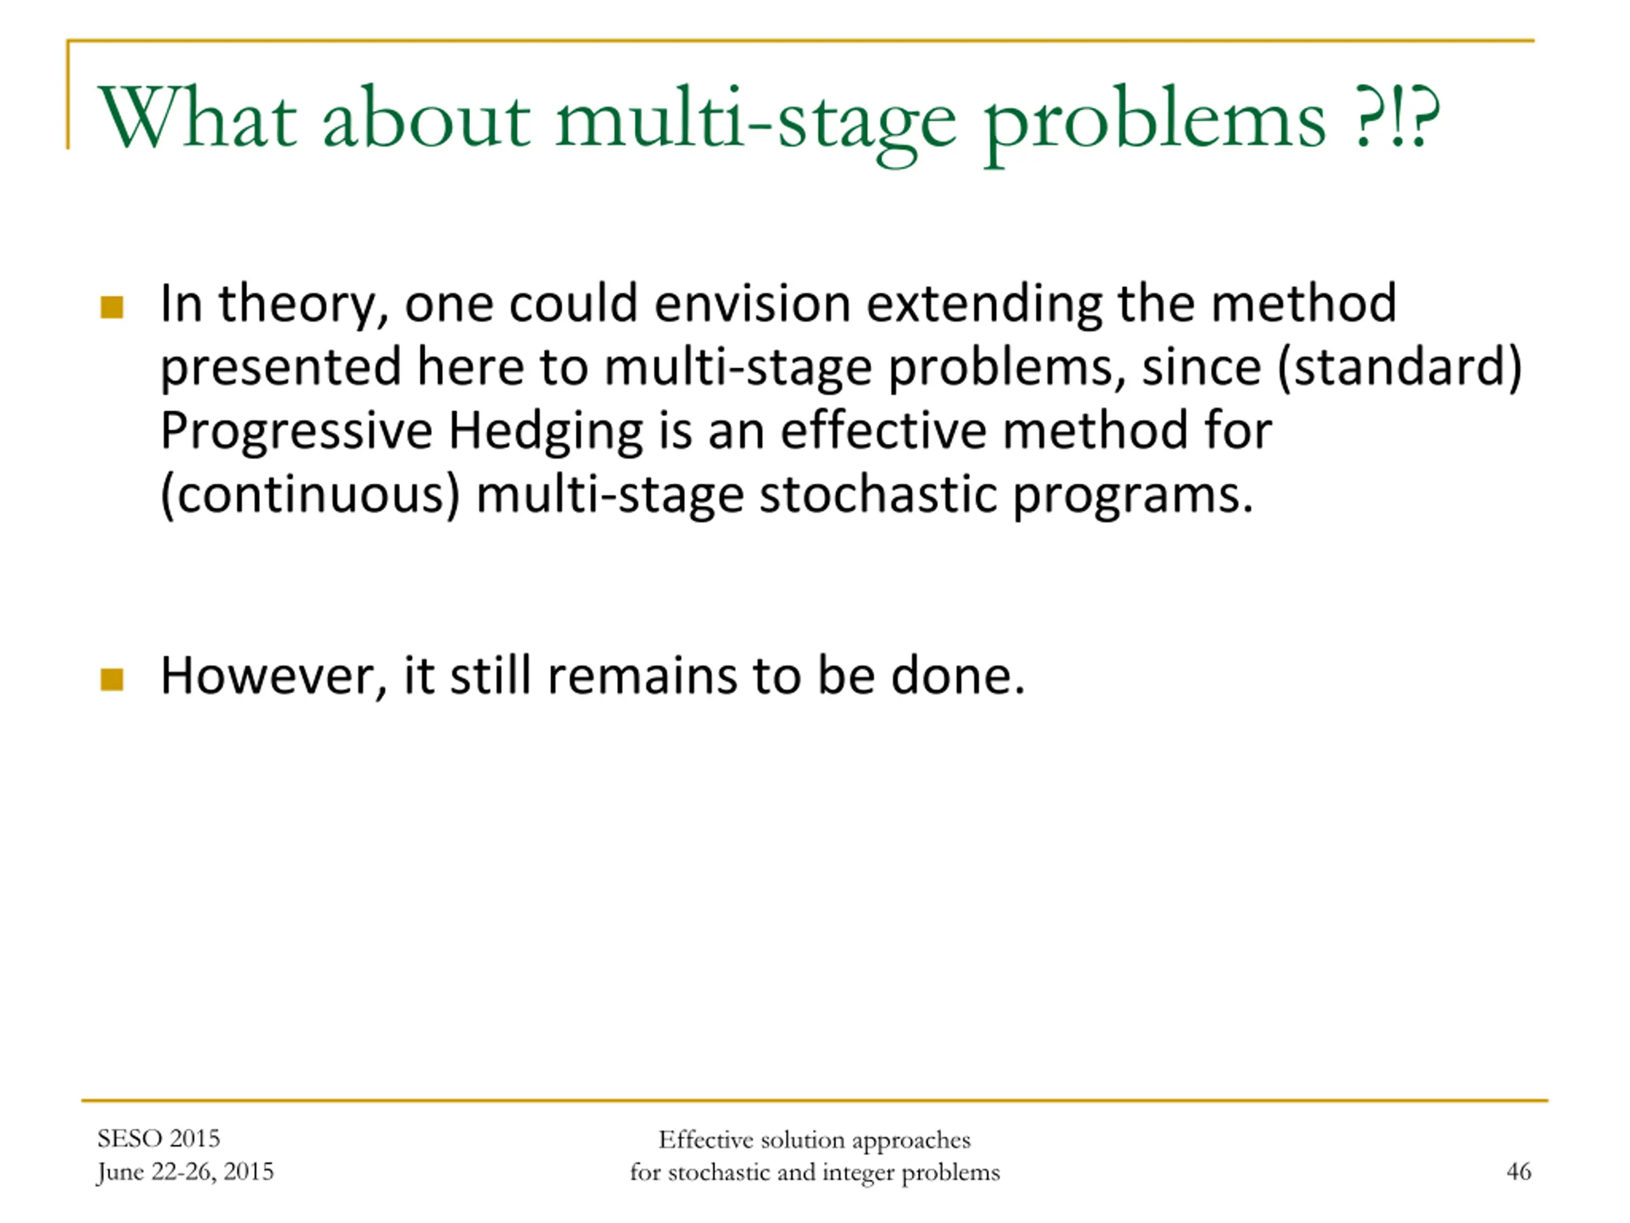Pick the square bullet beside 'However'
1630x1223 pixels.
[111, 679]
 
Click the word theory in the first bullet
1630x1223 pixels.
[304, 304]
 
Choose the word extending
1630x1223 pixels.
[984, 305]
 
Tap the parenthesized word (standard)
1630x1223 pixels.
[1400, 367]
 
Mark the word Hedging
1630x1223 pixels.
[545, 431]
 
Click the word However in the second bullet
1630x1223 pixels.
[273, 676]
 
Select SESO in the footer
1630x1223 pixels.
[129, 1139]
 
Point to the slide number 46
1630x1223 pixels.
[1519, 1171]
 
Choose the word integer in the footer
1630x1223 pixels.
[859, 1173]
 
